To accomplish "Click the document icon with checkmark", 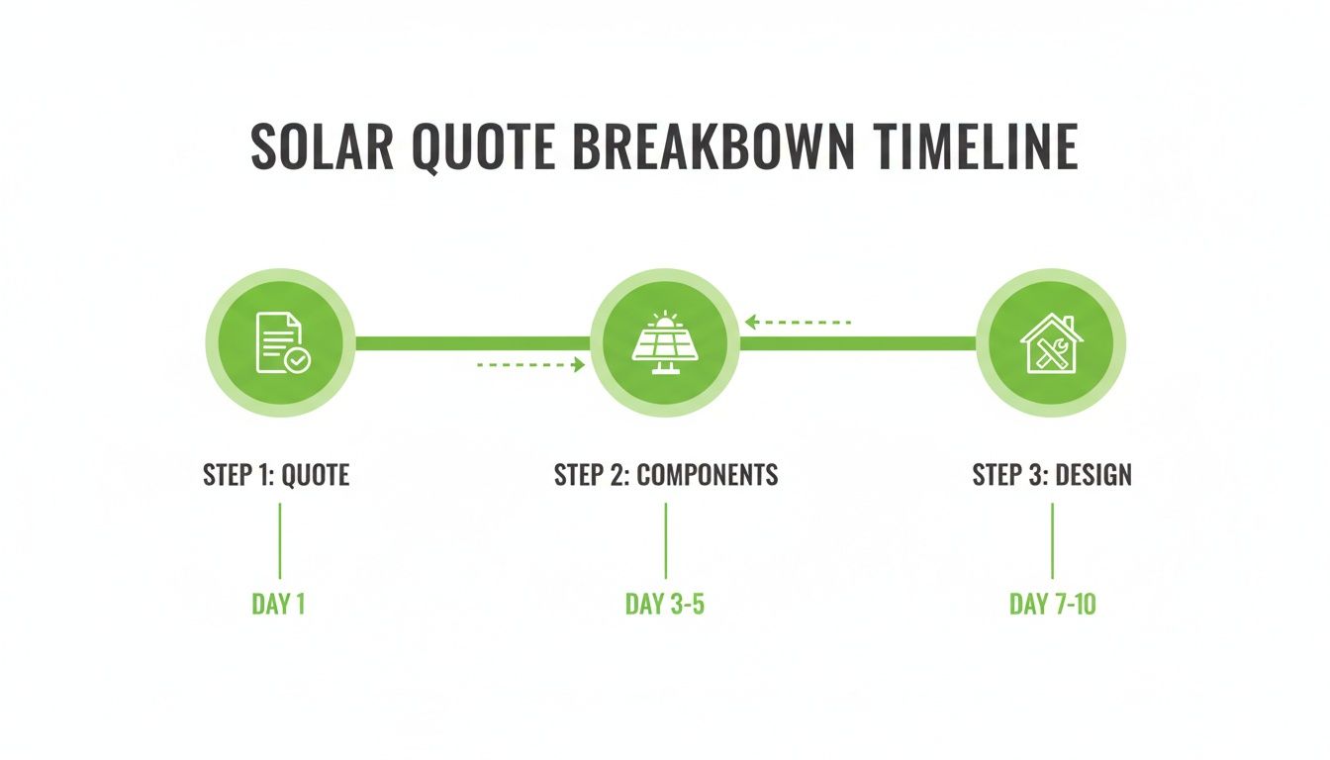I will pos(281,342).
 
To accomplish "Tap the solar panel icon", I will pos(665,342).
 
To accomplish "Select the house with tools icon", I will pos(1051,342).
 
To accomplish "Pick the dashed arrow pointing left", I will pos(798,322).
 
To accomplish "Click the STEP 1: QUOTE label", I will pos(276,475).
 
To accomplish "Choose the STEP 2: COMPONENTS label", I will pos(666,475).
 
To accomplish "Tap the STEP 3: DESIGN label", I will pos(1052,475).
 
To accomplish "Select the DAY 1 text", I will pos(278,605).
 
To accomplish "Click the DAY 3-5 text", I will pos(665,605).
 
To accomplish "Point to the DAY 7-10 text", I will pos(1052,605).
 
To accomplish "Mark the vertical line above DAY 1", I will pos(279,540).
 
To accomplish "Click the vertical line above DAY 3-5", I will pos(665,540).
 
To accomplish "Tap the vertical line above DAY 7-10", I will pos(1052,540).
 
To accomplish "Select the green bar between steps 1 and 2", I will pos(472,343).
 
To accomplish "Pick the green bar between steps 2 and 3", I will pos(858,343).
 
